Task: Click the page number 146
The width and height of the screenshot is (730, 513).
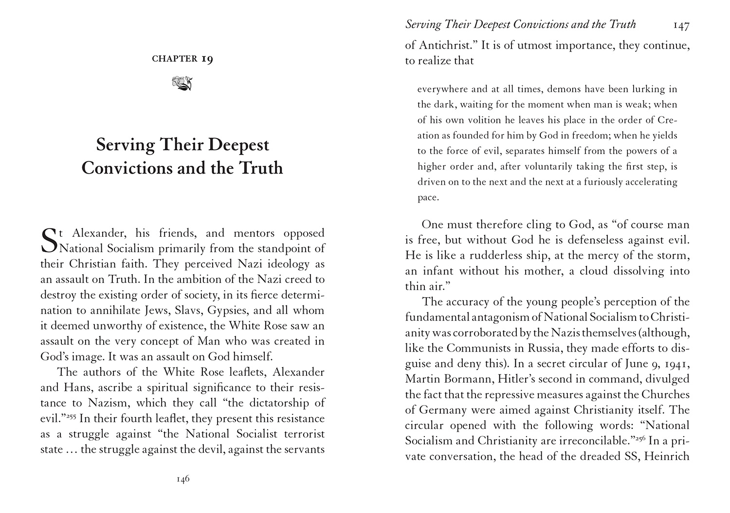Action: coord(182,479)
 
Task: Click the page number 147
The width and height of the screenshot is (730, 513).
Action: coord(681,26)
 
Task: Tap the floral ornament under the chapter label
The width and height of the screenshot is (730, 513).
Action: coord(182,83)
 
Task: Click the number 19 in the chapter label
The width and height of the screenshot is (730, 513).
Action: coord(207,59)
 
